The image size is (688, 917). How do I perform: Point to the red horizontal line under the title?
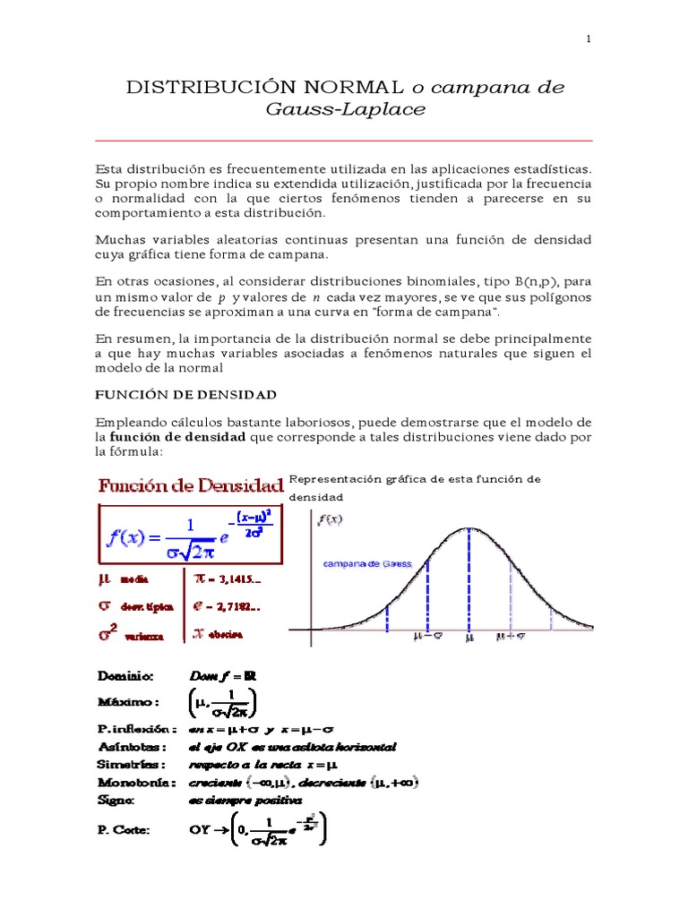pyautogui.click(x=344, y=141)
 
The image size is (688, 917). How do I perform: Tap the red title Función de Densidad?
pyautogui.click(x=191, y=486)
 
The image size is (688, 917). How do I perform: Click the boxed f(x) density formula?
pyautogui.click(x=191, y=532)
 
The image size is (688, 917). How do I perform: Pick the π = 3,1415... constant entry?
pyautogui.click(x=228, y=579)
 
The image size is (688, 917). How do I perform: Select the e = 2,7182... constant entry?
pyautogui.click(x=227, y=606)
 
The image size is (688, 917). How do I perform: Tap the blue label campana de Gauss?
pyautogui.click(x=366, y=564)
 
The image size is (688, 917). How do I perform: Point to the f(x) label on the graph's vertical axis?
pyautogui.click(x=328, y=519)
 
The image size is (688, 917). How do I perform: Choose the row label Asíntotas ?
pyautogui.click(x=132, y=746)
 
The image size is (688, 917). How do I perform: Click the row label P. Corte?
pyautogui.click(x=125, y=830)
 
